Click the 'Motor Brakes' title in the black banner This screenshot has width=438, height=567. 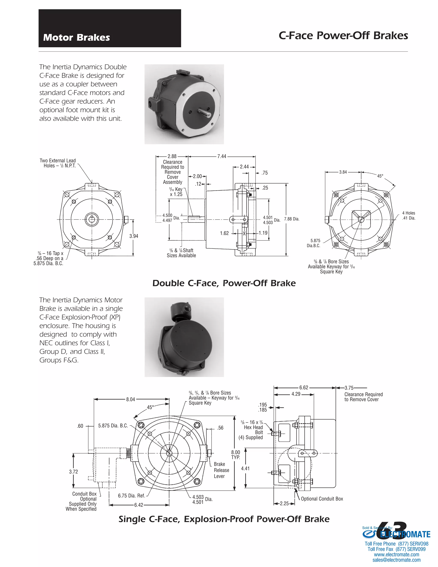pyautogui.click(x=77, y=37)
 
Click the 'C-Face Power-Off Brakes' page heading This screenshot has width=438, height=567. pyautogui.click(x=343, y=36)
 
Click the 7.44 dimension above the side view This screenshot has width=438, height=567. pyautogui.click(x=222, y=156)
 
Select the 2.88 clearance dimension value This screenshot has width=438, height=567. pyautogui.click(x=172, y=156)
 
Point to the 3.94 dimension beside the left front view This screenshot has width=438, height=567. pyautogui.click(x=134, y=236)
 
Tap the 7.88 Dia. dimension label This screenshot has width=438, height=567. pyautogui.click(x=292, y=219)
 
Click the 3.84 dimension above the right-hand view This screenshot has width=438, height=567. pyautogui.click(x=343, y=172)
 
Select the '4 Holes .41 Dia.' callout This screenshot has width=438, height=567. pyautogui.click(x=409, y=215)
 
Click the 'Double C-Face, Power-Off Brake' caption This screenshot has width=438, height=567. pyautogui.click(x=224, y=283)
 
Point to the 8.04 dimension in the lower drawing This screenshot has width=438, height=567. pyautogui.click(x=130, y=399)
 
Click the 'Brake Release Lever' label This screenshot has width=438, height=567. pyautogui.click(x=221, y=470)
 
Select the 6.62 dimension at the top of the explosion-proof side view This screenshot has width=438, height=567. pyautogui.click(x=304, y=388)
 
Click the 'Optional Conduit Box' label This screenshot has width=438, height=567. pyautogui.click(x=322, y=499)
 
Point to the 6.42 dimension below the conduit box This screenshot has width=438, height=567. pyautogui.click(x=139, y=505)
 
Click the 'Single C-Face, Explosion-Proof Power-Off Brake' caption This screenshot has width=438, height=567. pyautogui.click(x=224, y=519)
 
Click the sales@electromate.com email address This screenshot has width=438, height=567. pyautogui.click(x=396, y=560)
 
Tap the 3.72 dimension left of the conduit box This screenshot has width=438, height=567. pyautogui.click(x=73, y=472)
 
